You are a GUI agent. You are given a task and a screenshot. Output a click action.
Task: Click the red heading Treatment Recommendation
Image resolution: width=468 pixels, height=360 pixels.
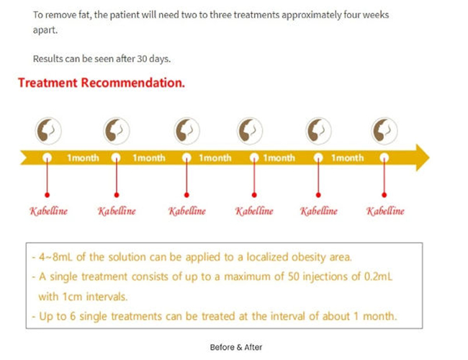click(102, 83)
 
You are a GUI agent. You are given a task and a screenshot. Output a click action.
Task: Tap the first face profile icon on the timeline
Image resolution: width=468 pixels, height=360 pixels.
click(48, 130)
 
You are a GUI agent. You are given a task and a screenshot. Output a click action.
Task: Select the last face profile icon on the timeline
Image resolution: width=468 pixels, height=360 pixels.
click(384, 130)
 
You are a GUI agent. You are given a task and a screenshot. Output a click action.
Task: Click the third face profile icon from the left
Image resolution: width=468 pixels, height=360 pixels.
click(187, 130)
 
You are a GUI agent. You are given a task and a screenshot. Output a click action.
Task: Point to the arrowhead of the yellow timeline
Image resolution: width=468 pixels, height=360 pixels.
click(423, 157)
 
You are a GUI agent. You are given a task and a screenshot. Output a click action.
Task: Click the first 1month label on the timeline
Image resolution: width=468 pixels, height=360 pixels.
click(83, 158)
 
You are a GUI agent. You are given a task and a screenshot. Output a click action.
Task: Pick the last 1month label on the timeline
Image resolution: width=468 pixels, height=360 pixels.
click(348, 158)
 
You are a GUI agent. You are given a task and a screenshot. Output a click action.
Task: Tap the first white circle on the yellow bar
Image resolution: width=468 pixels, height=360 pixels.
click(47, 157)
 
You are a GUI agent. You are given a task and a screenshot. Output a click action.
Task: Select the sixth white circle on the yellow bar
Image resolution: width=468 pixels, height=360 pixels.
click(384, 157)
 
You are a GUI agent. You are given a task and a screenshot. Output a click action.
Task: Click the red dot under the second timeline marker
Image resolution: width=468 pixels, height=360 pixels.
click(117, 195)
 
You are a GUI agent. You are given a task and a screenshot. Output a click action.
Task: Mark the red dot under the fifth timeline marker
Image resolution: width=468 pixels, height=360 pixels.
click(318, 195)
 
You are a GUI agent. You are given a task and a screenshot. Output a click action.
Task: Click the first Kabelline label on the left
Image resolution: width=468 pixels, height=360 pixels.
click(48, 211)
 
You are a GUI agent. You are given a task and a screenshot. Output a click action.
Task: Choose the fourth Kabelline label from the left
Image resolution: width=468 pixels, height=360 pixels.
click(254, 211)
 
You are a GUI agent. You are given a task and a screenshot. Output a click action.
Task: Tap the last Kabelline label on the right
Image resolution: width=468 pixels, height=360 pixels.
click(385, 211)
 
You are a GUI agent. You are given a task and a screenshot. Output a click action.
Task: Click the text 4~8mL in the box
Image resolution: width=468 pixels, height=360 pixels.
click(56, 257)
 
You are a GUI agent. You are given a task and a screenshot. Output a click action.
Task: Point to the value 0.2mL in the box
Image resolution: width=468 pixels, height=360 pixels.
click(378, 276)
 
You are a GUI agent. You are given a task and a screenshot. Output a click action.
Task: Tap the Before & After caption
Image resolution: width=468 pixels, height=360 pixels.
click(236, 347)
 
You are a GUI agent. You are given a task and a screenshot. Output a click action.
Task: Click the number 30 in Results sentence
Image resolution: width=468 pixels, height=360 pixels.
click(142, 58)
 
